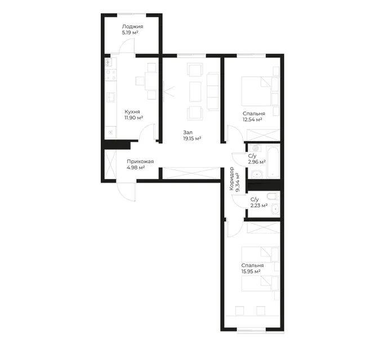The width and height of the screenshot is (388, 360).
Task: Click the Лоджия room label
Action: tap(132, 26)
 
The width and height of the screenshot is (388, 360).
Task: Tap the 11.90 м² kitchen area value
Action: tap(134, 118)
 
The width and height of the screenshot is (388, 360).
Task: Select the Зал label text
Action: tap(188, 133)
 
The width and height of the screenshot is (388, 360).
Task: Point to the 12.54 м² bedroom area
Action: tap(252, 120)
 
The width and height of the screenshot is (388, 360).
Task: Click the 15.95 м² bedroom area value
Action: tap(251, 272)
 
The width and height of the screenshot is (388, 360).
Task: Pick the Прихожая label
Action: tap(140, 161)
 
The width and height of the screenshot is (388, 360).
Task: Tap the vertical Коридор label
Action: tap(231, 178)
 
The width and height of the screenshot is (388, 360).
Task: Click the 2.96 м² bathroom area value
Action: tap(257, 162)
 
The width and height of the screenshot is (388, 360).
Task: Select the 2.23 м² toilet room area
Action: tap(259, 205)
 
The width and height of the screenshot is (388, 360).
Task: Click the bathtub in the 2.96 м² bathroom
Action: tap(274, 162)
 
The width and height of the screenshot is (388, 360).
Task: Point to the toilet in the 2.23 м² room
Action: tap(273, 196)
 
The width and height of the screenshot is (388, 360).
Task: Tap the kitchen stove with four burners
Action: tap(110, 75)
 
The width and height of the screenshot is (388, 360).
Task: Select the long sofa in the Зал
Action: tap(213, 91)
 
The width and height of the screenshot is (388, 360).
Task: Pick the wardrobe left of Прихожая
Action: tap(110, 164)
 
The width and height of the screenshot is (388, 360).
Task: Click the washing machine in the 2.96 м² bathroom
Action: tap(255, 148)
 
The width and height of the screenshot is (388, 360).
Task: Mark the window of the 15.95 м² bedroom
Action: tap(251, 330)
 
